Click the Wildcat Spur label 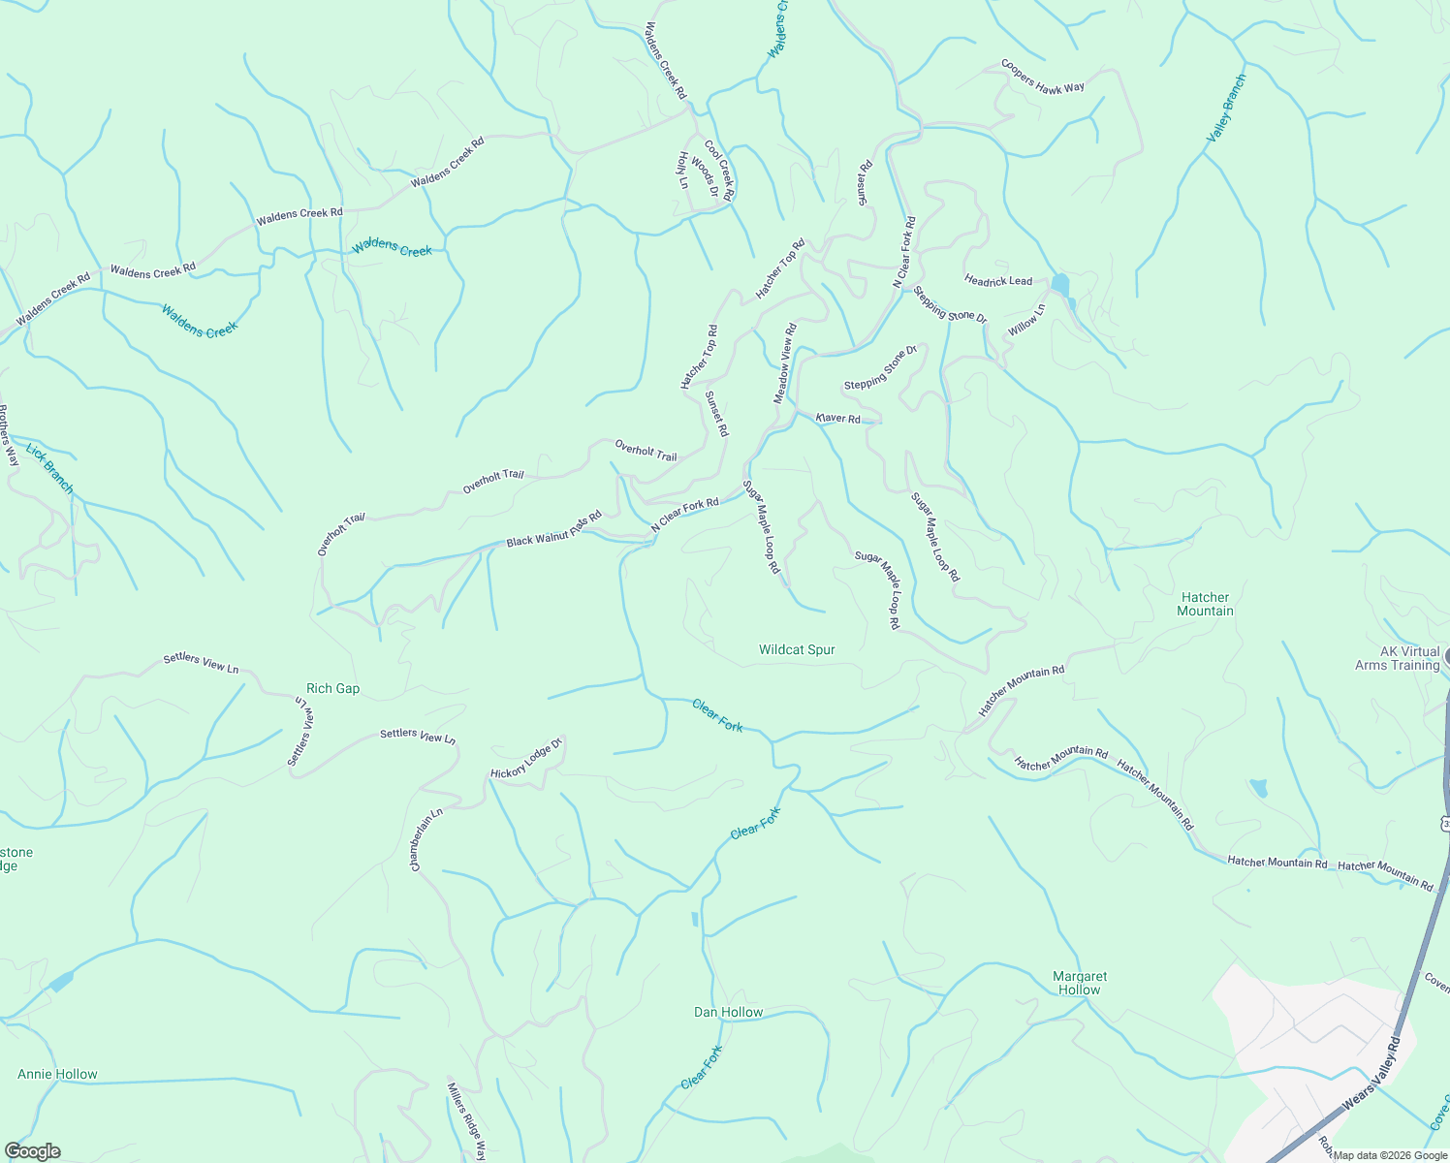point(797,649)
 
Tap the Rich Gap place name point(332,688)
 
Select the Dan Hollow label point(728,1012)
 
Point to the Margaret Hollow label point(1080,983)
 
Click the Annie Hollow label point(57,1074)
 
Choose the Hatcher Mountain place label point(1205,604)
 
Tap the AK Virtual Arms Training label point(1397,658)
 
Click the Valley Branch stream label point(1226,109)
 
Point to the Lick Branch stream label point(49,468)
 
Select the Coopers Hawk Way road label point(1042,77)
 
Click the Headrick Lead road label point(998,280)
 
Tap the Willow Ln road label point(1026,320)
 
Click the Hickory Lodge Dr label point(525,761)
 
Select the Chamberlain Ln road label point(426,839)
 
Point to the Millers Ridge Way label point(465,1120)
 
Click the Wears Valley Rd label point(1371,1075)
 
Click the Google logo point(32,1151)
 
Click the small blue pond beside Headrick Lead point(1059,285)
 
